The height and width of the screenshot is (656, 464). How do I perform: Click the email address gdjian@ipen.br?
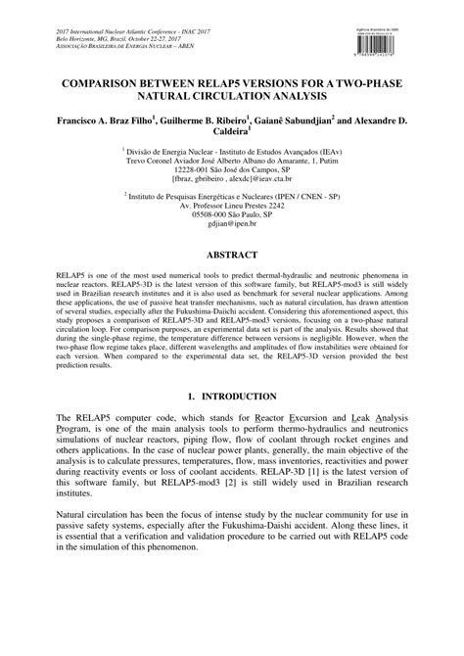tap(232, 225)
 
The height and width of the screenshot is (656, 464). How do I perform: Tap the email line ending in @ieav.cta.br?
tap(232, 181)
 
